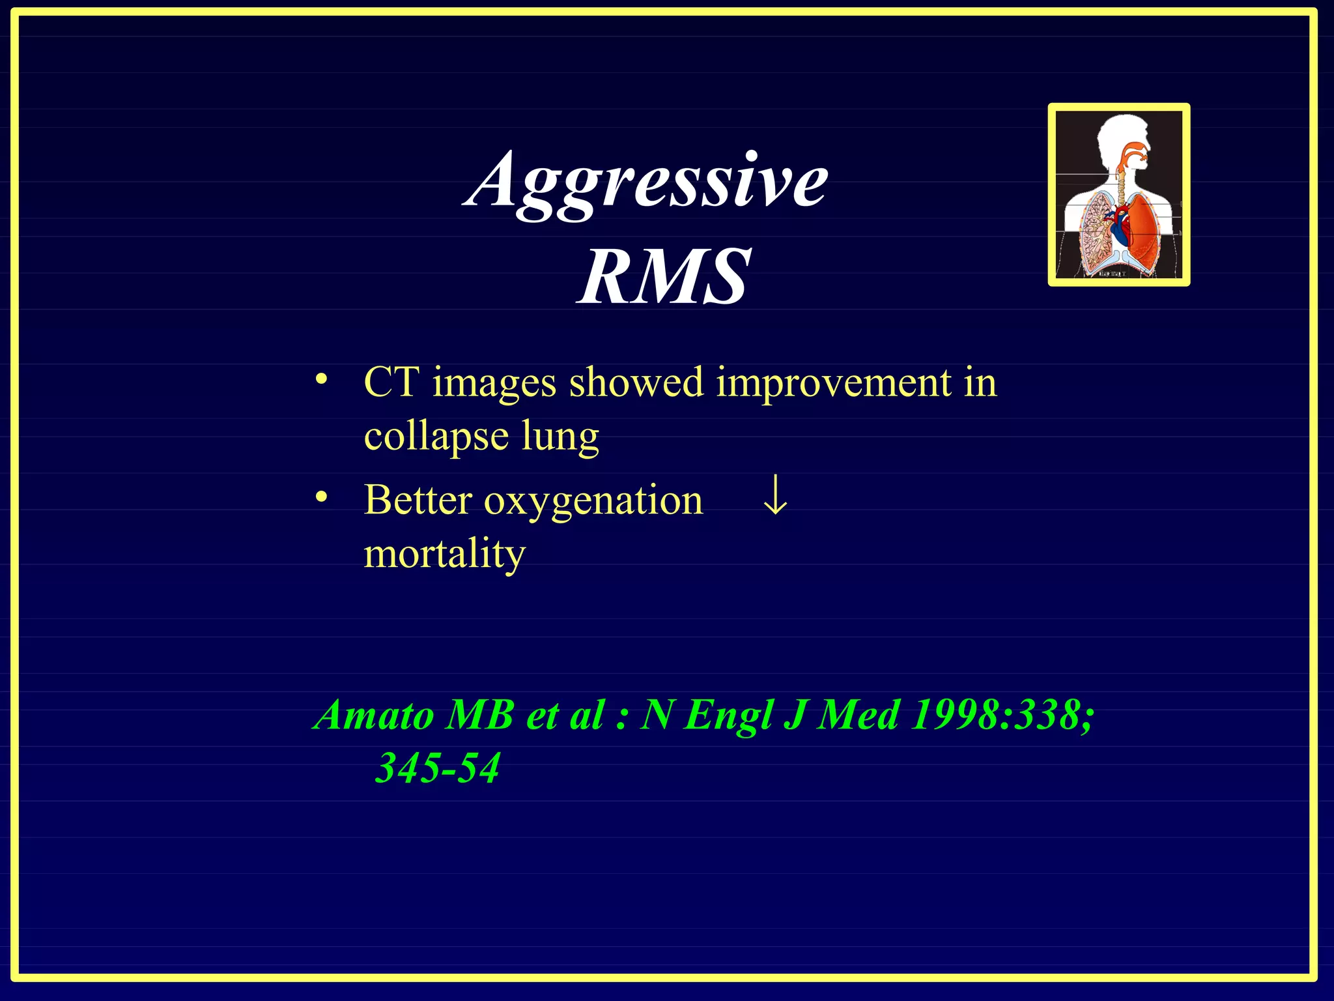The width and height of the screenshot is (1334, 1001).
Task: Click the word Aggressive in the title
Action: [x=646, y=181]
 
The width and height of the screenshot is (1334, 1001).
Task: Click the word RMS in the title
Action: [x=664, y=277]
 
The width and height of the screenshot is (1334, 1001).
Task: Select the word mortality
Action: [x=444, y=554]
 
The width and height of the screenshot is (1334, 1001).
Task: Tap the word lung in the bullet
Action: [x=560, y=437]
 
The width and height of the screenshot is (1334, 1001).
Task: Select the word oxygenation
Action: [x=593, y=502]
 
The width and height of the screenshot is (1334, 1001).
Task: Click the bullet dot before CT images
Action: [x=320, y=379]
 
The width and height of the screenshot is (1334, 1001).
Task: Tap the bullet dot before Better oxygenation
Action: [x=320, y=498]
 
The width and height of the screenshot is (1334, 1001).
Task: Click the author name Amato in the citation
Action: [x=374, y=715]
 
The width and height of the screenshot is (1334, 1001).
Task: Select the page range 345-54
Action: [x=438, y=768]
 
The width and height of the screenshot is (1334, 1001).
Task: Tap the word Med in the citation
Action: [x=859, y=715]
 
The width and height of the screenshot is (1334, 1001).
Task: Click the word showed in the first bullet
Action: [x=636, y=383]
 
